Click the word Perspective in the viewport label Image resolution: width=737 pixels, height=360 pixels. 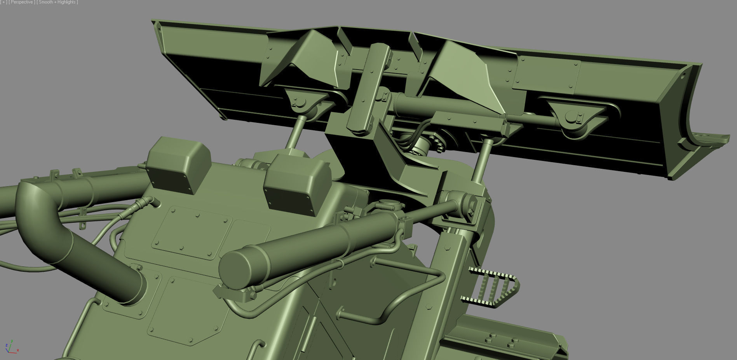(22, 2)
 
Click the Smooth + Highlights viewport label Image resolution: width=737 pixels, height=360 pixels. (57, 2)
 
